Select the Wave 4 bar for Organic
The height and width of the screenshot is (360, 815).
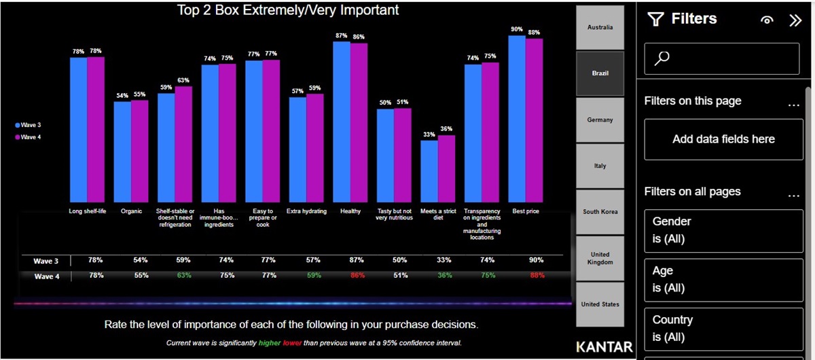click(140, 149)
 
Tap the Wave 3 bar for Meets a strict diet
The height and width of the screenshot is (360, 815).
click(429, 170)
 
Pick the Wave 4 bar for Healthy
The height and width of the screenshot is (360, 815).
click(359, 122)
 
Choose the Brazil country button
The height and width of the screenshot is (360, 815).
click(600, 73)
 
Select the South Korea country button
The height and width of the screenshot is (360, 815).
click(600, 212)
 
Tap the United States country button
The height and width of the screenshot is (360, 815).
click(600, 304)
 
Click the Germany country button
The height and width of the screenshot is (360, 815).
click(600, 120)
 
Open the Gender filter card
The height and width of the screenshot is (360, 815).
click(723, 230)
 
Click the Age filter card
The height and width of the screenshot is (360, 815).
click(723, 279)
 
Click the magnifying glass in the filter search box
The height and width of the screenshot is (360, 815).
click(662, 59)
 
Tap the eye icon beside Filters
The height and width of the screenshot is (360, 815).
click(767, 20)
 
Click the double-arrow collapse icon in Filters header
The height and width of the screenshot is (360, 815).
click(795, 20)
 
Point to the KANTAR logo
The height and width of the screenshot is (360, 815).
click(604, 346)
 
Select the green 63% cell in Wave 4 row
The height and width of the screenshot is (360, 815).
click(183, 276)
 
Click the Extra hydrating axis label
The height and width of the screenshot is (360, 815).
click(306, 211)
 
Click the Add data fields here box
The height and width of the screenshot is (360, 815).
click(723, 139)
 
